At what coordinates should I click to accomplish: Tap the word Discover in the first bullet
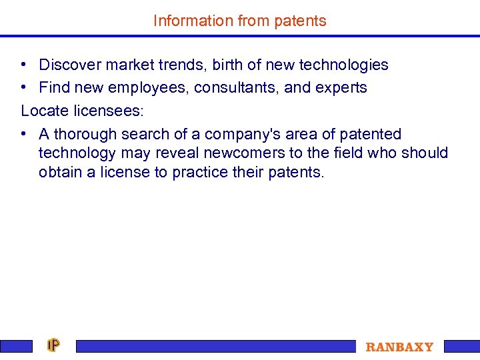point(69,65)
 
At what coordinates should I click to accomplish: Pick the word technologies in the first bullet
point(343,65)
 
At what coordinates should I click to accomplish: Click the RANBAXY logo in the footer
point(399,347)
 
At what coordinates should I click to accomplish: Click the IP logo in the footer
point(53,345)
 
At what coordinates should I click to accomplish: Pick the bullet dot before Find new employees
point(23,88)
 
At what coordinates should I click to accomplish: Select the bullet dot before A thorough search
point(23,134)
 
